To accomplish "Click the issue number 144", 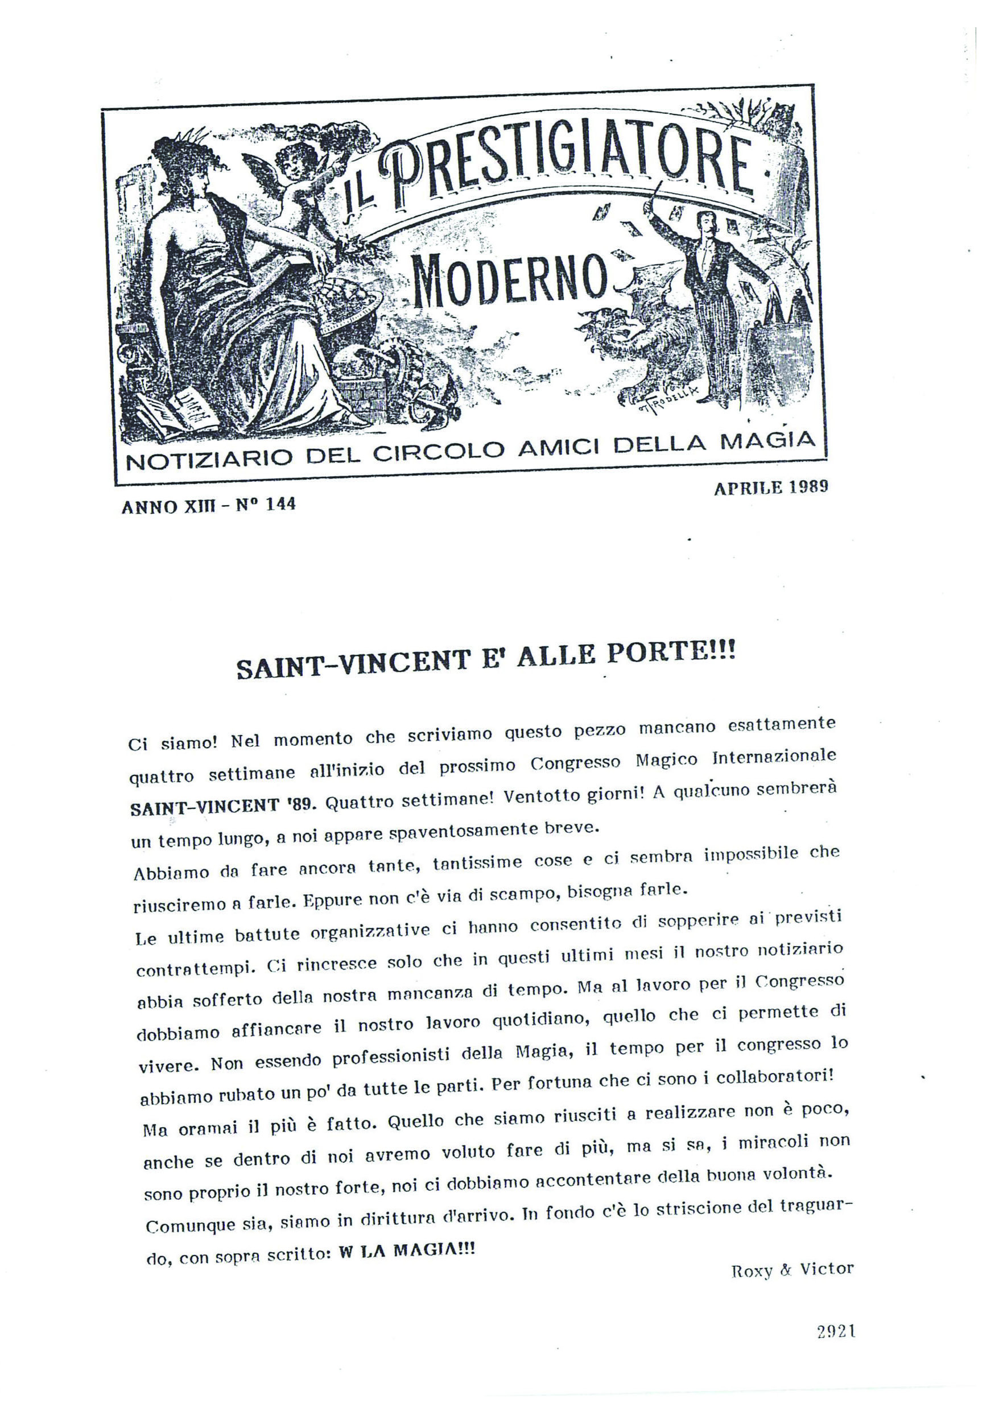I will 280,505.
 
